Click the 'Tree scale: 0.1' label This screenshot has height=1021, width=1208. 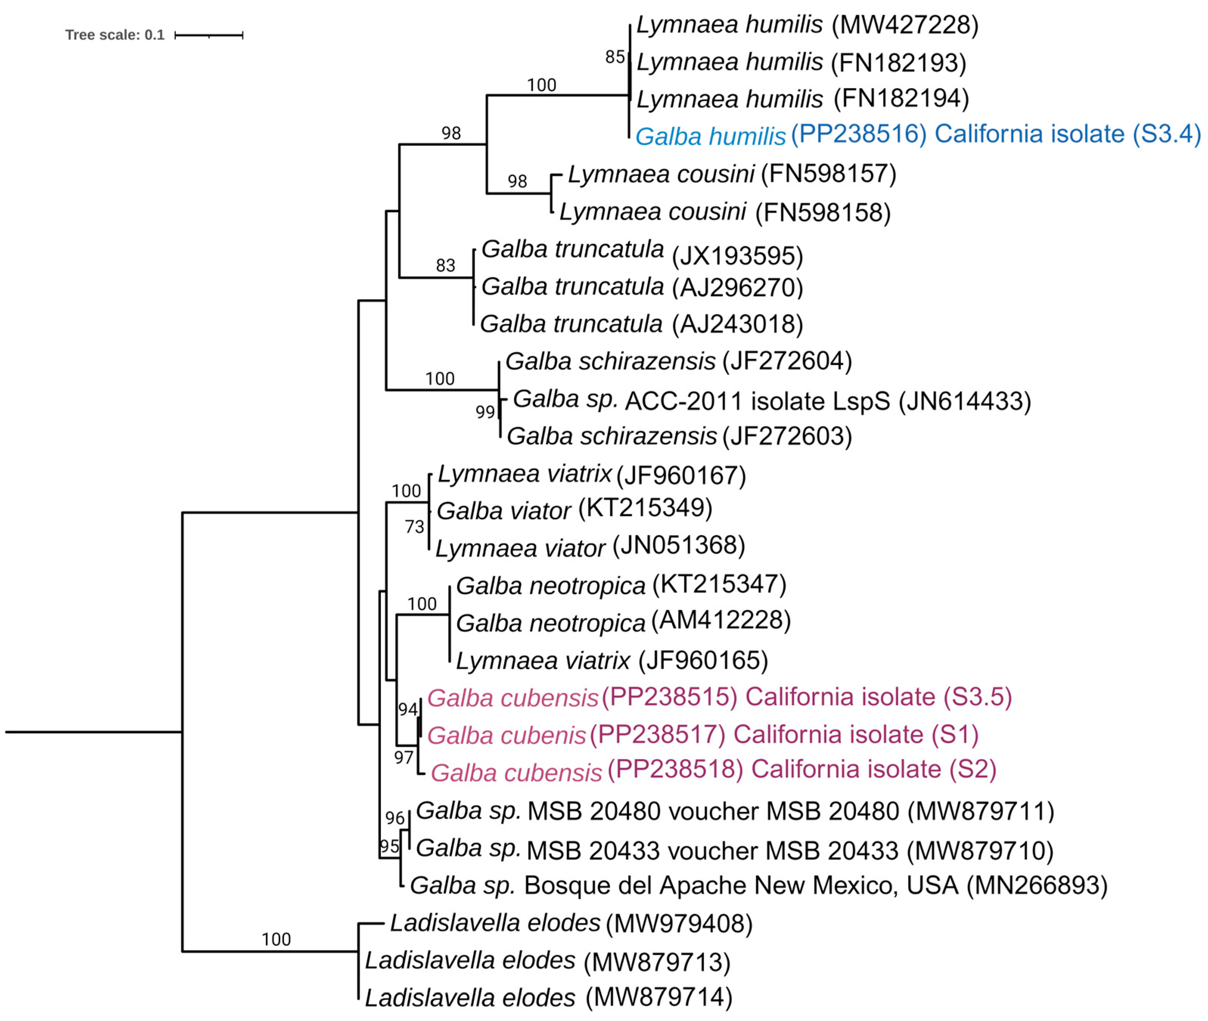click(x=115, y=35)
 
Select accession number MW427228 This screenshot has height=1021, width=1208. click(x=905, y=25)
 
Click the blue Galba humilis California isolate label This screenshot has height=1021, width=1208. click(x=918, y=135)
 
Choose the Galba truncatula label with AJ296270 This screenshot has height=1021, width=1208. click(x=641, y=287)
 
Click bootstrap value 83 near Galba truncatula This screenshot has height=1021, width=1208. click(x=445, y=266)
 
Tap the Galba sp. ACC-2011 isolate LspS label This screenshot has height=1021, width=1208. click(x=771, y=400)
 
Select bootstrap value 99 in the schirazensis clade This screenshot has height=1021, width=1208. click(x=485, y=412)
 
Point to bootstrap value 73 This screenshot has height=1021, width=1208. click(x=415, y=527)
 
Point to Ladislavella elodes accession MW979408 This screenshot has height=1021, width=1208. click(x=679, y=924)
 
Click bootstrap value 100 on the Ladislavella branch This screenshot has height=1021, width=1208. click(x=276, y=939)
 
